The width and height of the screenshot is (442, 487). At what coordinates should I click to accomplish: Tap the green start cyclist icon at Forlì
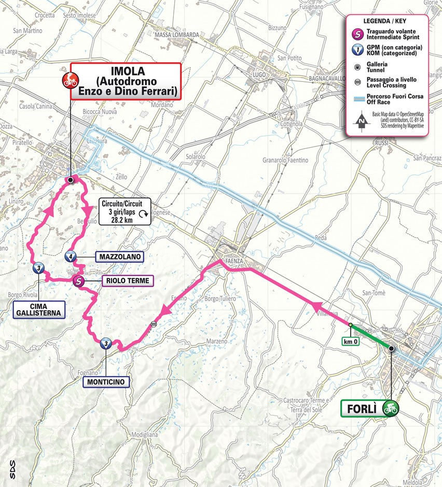(390, 408)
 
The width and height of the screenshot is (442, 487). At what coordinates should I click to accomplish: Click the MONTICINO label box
(106, 382)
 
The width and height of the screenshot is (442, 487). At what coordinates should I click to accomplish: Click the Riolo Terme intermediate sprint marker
(78, 281)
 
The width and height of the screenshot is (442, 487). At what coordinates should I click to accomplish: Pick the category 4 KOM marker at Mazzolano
(71, 256)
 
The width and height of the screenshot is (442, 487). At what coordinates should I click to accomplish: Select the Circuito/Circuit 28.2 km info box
(126, 211)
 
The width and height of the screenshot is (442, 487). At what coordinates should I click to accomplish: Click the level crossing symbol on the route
(153, 324)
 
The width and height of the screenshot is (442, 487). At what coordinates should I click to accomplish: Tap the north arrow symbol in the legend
(360, 122)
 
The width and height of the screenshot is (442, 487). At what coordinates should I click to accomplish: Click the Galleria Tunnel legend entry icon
(357, 66)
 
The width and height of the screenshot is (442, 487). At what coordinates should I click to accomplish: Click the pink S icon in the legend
(357, 34)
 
